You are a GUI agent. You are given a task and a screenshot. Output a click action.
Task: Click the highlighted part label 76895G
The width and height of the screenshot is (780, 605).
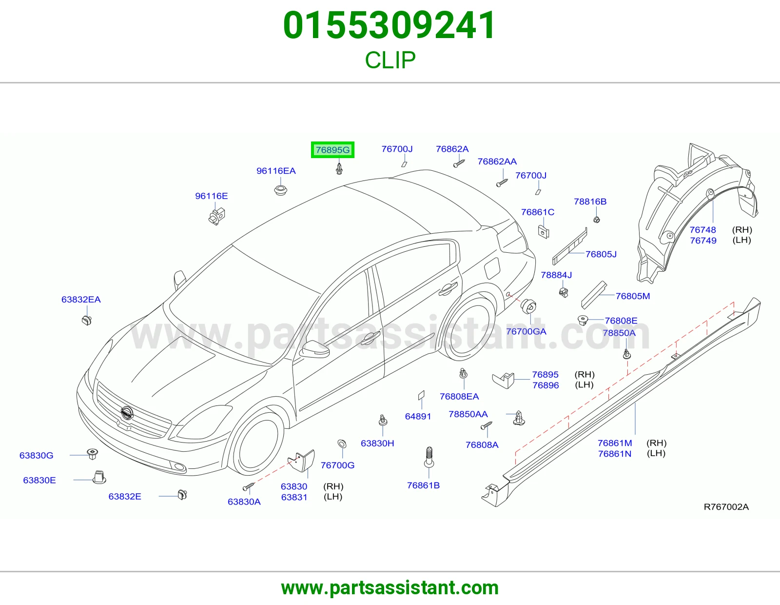(332, 149)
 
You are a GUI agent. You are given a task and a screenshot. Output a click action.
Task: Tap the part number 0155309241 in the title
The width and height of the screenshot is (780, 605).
(390, 25)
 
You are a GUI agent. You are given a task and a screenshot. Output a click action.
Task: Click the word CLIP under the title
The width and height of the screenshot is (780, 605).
(390, 60)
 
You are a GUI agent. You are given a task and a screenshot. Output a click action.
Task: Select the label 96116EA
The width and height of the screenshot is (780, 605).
(275, 171)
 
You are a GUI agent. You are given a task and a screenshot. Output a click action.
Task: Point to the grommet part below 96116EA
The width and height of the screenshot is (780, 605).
(280, 190)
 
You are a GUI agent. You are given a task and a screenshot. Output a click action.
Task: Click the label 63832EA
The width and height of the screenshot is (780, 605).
(81, 299)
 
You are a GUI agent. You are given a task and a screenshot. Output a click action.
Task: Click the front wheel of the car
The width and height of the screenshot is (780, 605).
(256, 443)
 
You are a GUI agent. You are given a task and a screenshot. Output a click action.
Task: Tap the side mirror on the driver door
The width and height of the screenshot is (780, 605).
(315, 349)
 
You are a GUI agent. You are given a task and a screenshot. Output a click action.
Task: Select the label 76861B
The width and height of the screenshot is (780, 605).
(423, 485)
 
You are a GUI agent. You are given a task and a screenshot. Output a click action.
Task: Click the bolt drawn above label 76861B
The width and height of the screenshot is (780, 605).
(429, 457)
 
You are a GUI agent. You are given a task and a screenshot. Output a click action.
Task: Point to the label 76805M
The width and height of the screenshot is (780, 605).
(632, 296)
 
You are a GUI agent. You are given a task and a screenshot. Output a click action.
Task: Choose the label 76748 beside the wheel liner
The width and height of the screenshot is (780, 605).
(702, 230)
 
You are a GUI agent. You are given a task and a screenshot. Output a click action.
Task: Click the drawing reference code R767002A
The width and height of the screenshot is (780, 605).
(726, 506)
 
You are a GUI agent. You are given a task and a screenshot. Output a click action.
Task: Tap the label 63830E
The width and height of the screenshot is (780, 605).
(39, 480)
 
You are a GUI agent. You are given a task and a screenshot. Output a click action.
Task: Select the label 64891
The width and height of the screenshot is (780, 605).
(418, 416)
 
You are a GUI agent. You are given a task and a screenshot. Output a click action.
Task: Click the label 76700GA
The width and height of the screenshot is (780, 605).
(526, 331)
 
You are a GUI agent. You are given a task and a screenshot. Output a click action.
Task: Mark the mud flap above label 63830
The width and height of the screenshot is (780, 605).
(301, 460)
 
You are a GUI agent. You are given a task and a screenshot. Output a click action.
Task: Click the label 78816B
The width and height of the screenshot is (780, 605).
(590, 202)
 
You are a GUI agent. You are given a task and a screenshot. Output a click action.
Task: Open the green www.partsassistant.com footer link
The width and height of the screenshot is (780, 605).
(390, 588)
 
